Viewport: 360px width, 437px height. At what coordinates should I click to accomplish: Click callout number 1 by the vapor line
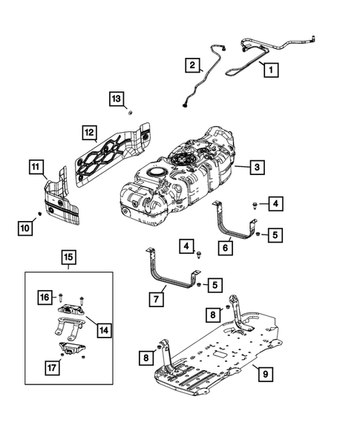click(269, 70)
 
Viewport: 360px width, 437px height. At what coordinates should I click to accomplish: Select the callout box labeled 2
click(192, 65)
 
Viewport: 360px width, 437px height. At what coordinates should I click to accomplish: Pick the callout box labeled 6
click(223, 249)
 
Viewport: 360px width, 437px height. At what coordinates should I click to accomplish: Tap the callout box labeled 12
click(88, 134)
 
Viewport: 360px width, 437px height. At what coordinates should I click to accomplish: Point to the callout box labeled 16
click(46, 297)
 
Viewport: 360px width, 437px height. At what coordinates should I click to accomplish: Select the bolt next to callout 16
click(60, 298)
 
